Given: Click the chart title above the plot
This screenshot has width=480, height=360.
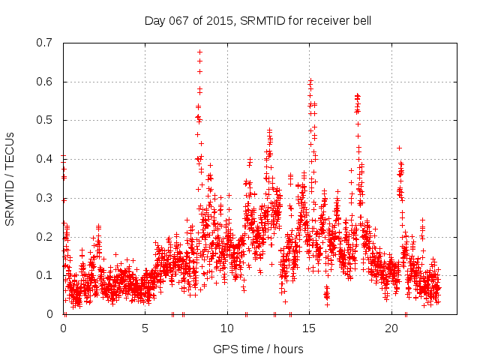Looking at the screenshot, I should tap(257, 20).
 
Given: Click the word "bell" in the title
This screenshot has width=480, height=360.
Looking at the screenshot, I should tap(360, 20).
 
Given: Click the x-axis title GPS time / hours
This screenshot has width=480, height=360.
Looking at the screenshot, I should tap(258, 349).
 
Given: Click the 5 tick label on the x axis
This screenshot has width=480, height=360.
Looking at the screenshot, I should tap(145, 328).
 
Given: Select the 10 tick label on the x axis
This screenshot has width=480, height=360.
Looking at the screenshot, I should tap(227, 328).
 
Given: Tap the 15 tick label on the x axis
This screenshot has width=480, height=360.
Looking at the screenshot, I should tap(309, 328).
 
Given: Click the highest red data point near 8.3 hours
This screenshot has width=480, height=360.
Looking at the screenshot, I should tap(199, 52).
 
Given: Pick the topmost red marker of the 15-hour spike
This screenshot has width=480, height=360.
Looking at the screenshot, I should tap(310, 79).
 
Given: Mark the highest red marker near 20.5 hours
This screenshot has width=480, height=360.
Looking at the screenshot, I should tap(399, 148).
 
